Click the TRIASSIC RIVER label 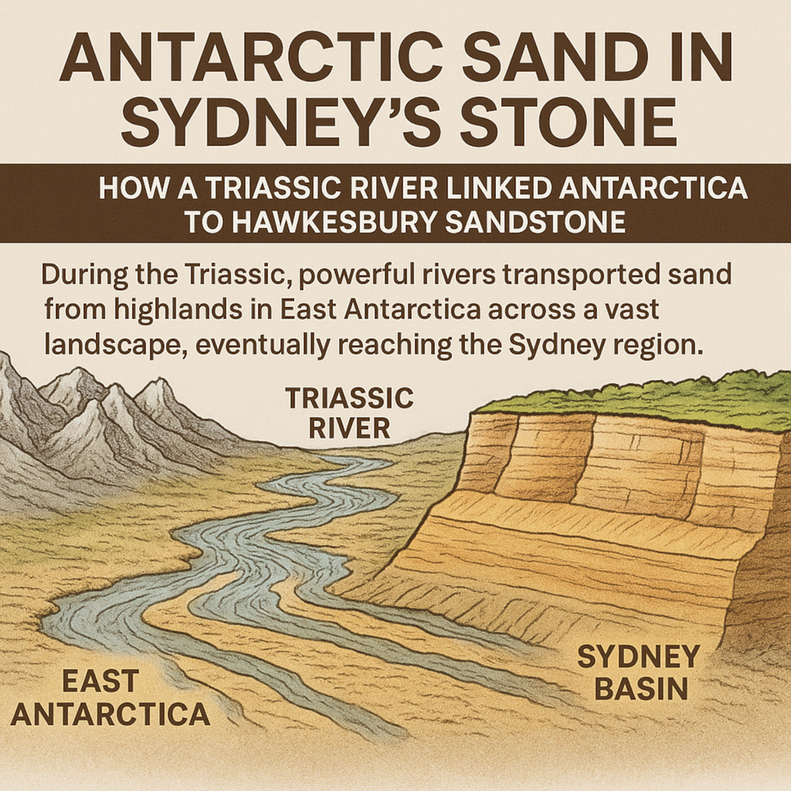tap(349, 413)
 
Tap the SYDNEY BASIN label tap(638, 672)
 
